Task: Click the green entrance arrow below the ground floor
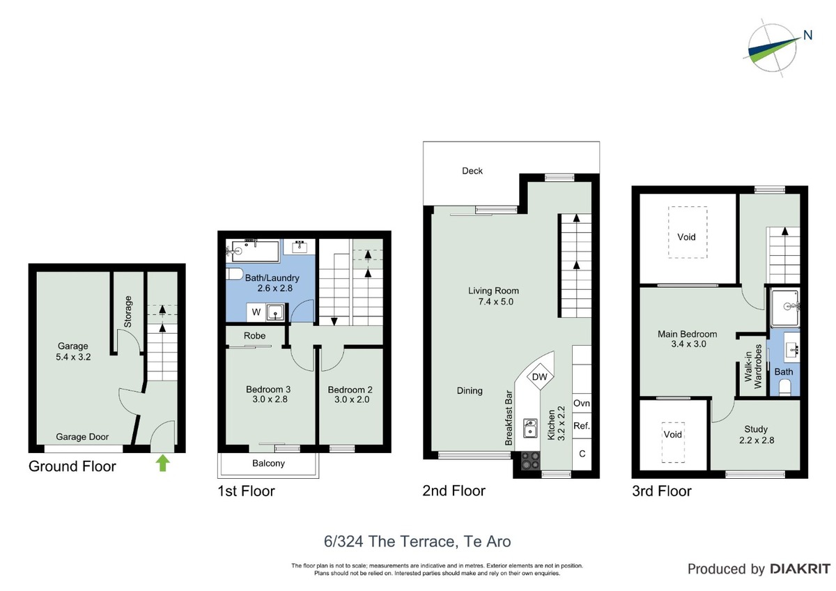click(x=162, y=463)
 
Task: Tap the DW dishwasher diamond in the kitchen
click(x=540, y=377)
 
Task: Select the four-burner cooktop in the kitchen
click(x=530, y=461)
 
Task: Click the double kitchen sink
click(x=530, y=428)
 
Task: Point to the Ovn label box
click(x=582, y=404)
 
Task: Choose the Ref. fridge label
click(x=582, y=426)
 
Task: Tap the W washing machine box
click(x=256, y=312)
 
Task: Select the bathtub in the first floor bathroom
click(x=253, y=251)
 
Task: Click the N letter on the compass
click(x=807, y=35)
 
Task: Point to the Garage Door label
click(x=82, y=437)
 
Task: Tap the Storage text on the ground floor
click(x=128, y=312)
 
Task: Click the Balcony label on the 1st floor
click(x=268, y=463)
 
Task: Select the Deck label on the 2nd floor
click(x=472, y=171)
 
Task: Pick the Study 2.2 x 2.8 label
click(x=757, y=435)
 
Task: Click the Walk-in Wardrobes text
click(x=753, y=366)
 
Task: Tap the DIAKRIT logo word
click(x=800, y=569)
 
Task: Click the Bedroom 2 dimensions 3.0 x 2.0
click(x=352, y=399)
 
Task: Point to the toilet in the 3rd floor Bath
click(x=785, y=387)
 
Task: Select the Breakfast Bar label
click(x=509, y=417)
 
